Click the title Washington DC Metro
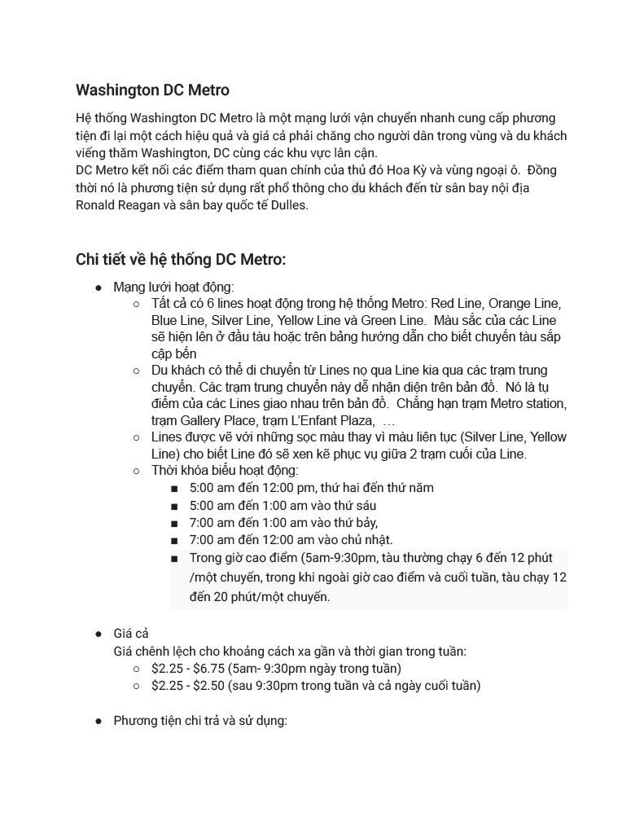coord(152,90)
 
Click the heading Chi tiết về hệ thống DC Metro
coord(180,260)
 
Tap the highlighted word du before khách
coord(358,188)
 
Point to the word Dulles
coord(288,205)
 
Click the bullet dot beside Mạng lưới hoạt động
coord(99,288)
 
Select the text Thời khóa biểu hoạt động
coord(225,471)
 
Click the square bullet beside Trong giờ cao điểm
coord(174,559)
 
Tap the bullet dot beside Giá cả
coord(99,634)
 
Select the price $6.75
coord(208,669)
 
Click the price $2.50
coord(208,686)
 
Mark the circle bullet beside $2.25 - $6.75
coord(137,669)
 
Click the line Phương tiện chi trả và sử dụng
coord(200,721)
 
